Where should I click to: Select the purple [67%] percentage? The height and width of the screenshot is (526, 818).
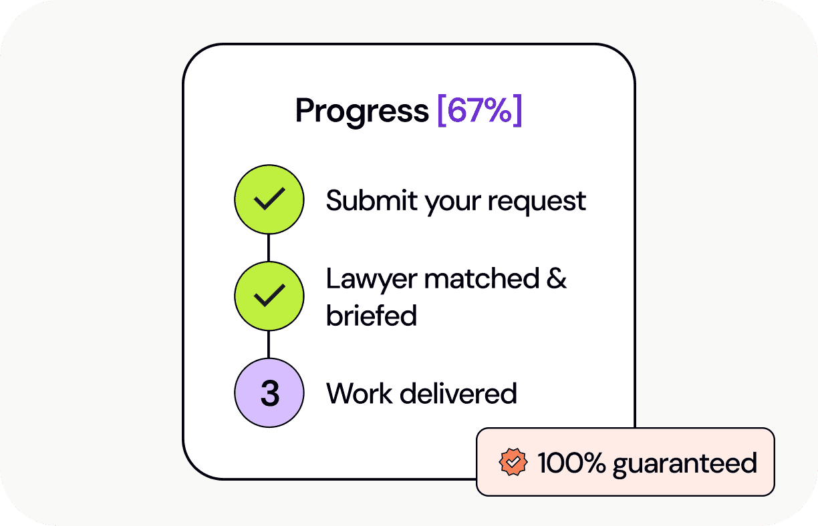[479, 111]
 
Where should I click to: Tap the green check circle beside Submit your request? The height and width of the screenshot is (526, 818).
[269, 199]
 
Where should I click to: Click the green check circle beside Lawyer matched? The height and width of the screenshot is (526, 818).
[269, 296]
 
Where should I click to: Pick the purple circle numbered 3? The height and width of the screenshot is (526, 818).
[269, 393]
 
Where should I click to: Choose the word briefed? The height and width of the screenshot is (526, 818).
[371, 314]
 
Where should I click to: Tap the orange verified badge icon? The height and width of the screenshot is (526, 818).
[513, 462]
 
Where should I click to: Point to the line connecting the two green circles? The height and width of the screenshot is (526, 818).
[269, 247]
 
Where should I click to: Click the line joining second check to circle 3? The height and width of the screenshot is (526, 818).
[269, 344]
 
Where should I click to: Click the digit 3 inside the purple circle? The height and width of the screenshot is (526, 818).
[269, 394]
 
